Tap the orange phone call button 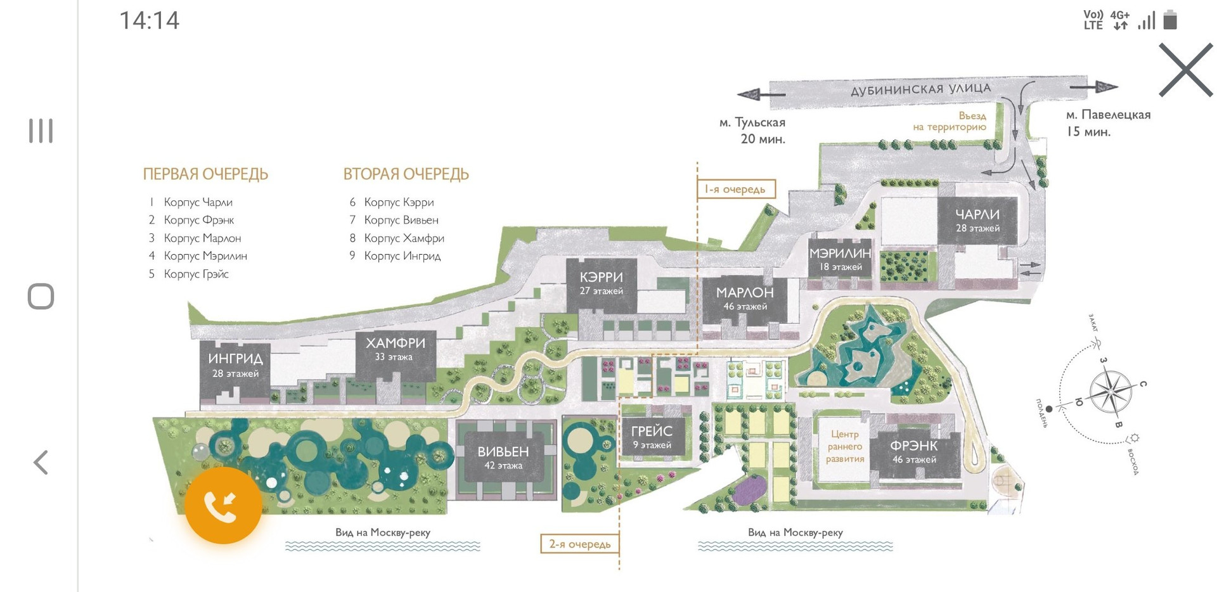click(223, 505)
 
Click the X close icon click(1185, 70)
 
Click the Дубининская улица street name click(920, 89)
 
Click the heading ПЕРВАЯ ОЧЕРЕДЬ click(205, 174)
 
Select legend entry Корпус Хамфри click(404, 238)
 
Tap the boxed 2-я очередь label click(579, 544)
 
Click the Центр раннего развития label click(844, 446)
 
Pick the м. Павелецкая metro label click(1107, 115)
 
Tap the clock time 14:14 click(150, 20)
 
